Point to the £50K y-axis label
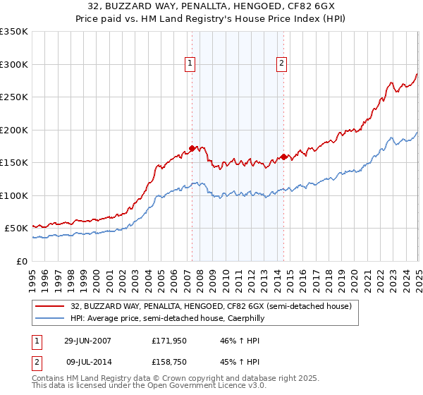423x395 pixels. [16, 229]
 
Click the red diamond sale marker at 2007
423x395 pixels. [192, 149]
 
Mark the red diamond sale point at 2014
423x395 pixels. [284, 157]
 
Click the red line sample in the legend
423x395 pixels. [50, 306]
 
